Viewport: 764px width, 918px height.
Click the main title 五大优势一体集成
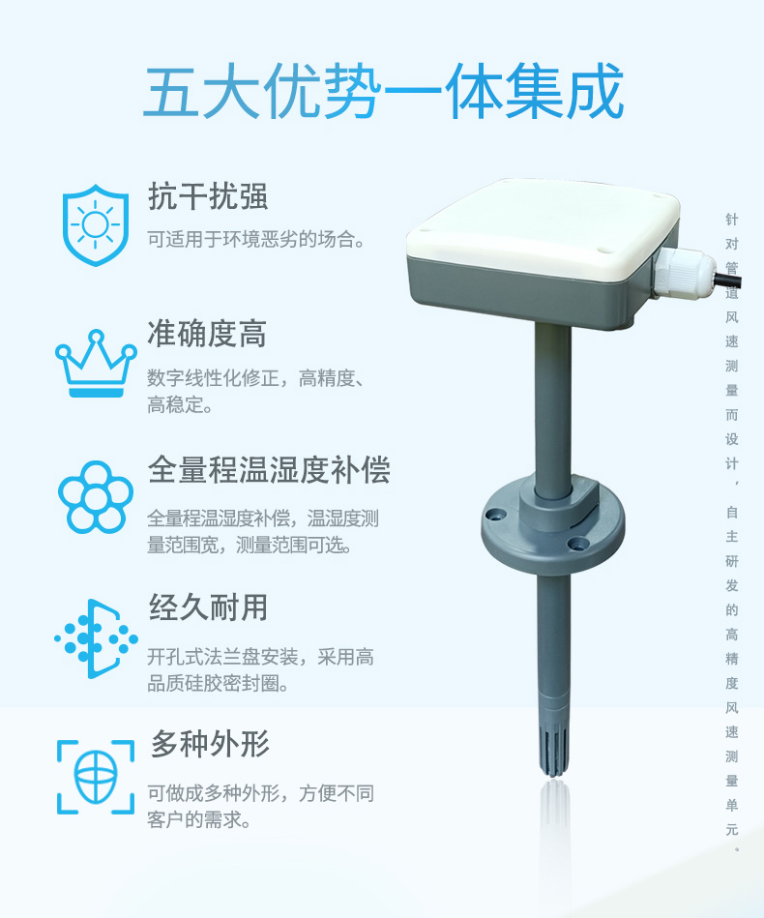click(384, 92)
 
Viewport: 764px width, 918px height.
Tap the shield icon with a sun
click(96, 224)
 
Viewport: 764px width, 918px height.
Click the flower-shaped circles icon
click(96, 497)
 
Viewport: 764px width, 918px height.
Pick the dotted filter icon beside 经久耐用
click(96, 638)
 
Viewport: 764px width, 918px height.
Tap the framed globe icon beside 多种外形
click(96, 777)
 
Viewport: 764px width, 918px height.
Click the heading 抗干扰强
click(208, 196)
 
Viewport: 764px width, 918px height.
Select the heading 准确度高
click(207, 334)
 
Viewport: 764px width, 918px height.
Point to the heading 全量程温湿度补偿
click(269, 470)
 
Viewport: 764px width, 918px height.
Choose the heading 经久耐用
click(209, 607)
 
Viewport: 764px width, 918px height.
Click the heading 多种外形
click(210, 744)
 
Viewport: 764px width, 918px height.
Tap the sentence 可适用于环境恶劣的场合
click(256, 239)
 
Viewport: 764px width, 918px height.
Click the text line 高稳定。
click(180, 404)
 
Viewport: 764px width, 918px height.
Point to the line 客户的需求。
click(199, 819)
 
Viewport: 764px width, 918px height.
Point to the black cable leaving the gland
click(728, 281)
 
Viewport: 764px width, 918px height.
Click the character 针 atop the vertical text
click(732, 219)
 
